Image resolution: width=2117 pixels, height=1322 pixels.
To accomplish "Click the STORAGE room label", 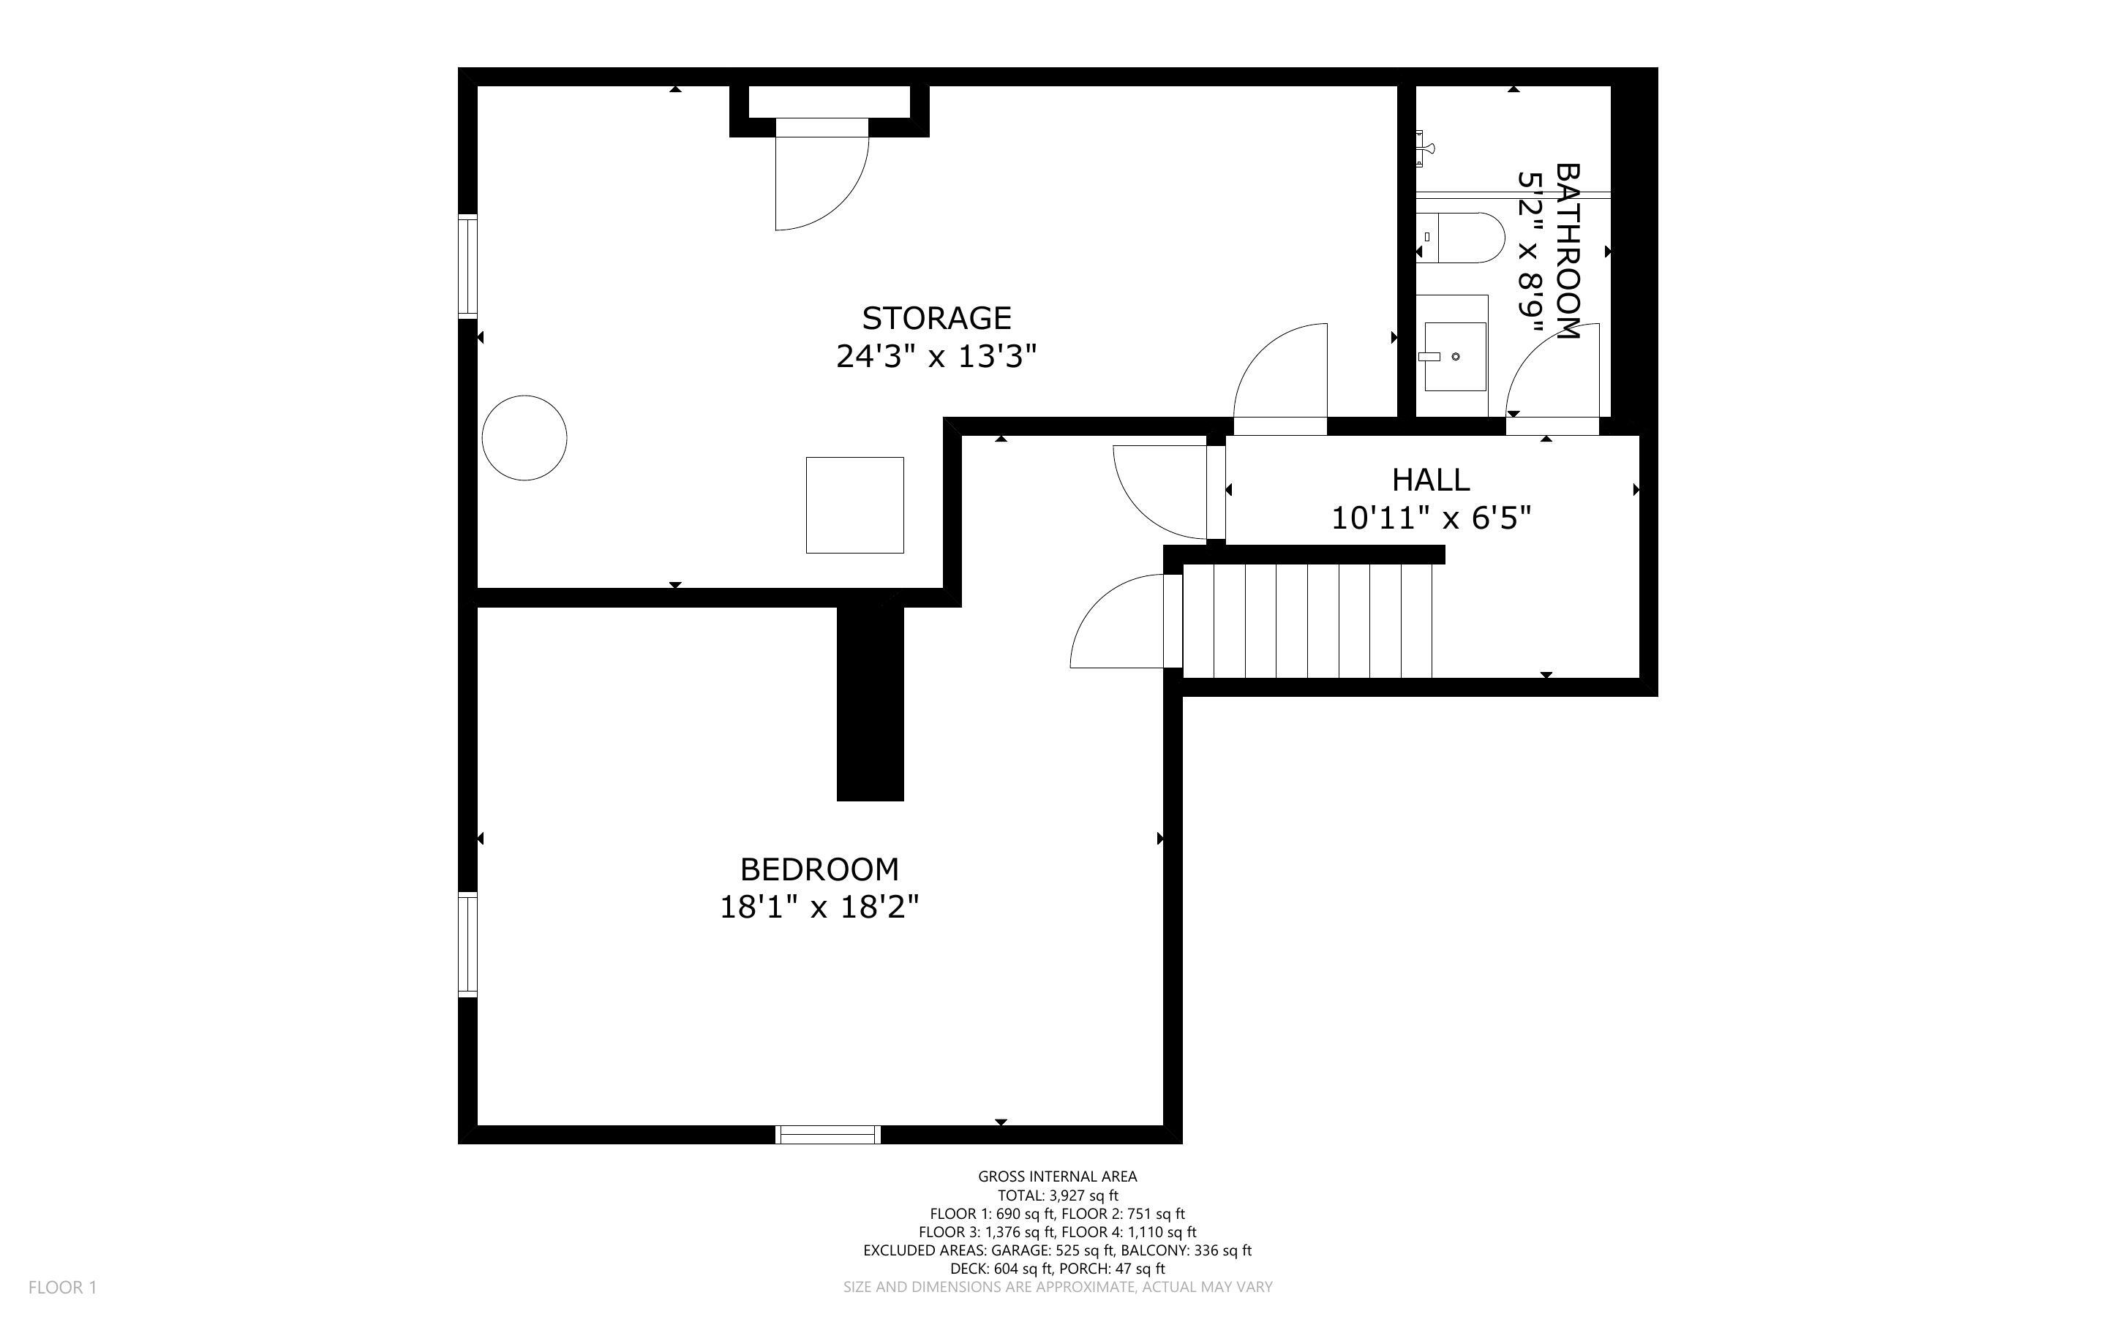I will (936, 317).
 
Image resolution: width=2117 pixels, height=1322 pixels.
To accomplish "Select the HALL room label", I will (1431, 480).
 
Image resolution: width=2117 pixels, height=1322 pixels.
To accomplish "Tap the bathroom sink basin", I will (1454, 356).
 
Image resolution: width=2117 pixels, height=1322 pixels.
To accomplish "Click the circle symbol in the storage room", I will (524, 437).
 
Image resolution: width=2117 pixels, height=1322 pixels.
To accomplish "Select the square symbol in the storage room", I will (854, 505).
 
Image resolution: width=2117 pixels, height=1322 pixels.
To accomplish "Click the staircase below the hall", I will (1307, 621).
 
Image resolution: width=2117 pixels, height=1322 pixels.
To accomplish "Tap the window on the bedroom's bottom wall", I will (828, 1134).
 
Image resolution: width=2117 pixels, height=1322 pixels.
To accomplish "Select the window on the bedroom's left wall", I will (469, 944).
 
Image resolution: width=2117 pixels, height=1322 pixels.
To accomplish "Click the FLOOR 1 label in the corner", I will (62, 1287).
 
